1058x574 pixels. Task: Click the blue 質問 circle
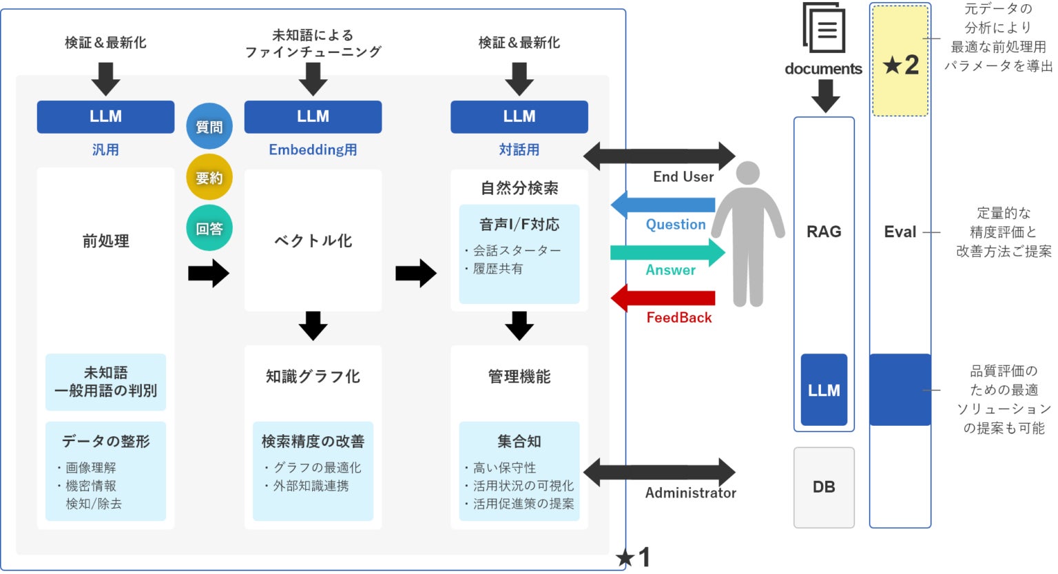pyautogui.click(x=209, y=127)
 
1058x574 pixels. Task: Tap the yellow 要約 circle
pyautogui.click(x=209, y=178)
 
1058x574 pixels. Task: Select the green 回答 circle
pyautogui.click(x=209, y=228)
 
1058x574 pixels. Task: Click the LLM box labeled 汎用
pyautogui.click(x=105, y=116)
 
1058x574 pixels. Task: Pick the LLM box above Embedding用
pyautogui.click(x=313, y=116)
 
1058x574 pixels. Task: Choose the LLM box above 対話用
pyautogui.click(x=519, y=116)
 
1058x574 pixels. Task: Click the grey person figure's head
pyautogui.click(x=747, y=173)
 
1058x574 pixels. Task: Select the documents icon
pyautogui.click(x=824, y=29)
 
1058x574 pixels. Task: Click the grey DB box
pyautogui.click(x=824, y=487)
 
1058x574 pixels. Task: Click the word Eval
pyautogui.click(x=900, y=232)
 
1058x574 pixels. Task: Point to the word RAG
pyautogui.click(x=824, y=232)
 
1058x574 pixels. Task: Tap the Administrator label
pyautogui.click(x=690, y=493)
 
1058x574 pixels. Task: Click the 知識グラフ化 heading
pyautogui.click(x=313, y=377)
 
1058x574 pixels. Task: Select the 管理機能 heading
pyautogui.click(x=519, y=377)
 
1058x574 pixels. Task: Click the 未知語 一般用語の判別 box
pyautogui.click(x=105, y=382)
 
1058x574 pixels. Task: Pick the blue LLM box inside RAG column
pyautogui.click(x=824, y=390)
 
